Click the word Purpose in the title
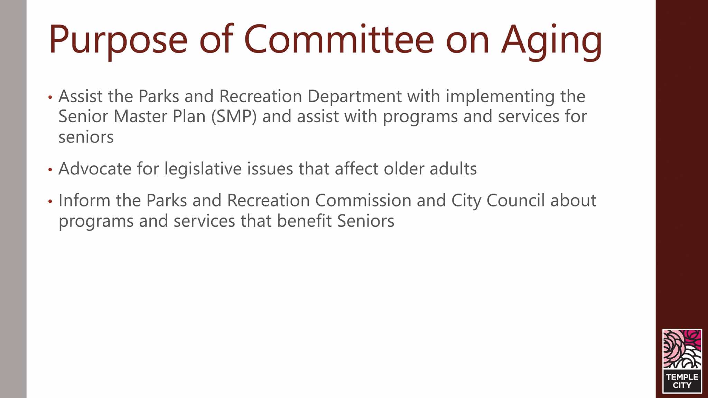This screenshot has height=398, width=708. pyautogui.click(x=118, y=41)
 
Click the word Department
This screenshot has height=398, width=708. pyautogui.click(x=354, y=97)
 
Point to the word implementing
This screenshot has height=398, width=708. pyautogui.click(x=500, y=97)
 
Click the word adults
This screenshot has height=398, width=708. pyautogui.click(x=453, y=169)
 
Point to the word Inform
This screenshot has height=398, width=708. pyautogui.click(x=84, y=201)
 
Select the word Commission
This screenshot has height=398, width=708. pyautogui.click(x=363, y=201)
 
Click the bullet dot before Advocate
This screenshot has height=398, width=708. pyautogui.click(x=50, y=170)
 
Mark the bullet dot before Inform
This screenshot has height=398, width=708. pyautogui.click(x=50, y=201)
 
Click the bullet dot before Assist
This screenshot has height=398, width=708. pyautogui.click(x=50, y=97)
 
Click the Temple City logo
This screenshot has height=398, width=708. pyautogui.click(x=682, y=361)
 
